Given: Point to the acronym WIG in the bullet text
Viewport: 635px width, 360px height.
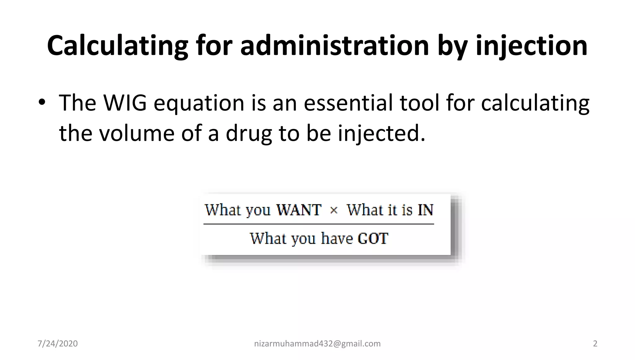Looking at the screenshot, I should pos(125,103).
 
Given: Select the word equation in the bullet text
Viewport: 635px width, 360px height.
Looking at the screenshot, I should pos(199,104).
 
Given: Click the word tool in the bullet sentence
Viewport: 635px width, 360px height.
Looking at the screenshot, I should pos(420,103).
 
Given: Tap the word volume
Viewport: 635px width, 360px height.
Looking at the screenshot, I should pos(136,133).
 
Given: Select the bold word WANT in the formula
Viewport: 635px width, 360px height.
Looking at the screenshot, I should pos(299,210).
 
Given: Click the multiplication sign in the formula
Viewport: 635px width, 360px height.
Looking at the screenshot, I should pos(334,211).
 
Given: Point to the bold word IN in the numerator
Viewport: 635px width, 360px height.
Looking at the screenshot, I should pos(425,210).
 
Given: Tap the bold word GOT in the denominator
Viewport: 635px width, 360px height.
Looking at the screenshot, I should pos(373,238).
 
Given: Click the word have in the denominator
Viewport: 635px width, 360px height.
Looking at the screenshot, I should pos(337,238).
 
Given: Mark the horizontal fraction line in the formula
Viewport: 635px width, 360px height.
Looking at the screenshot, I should pos(318,224).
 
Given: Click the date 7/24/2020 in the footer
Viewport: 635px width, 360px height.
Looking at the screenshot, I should pos(57,344).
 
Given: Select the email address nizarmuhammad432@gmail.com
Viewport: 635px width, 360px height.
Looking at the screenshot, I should pos(317,344).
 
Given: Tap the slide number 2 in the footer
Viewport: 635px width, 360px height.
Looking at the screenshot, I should pos(595,344).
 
